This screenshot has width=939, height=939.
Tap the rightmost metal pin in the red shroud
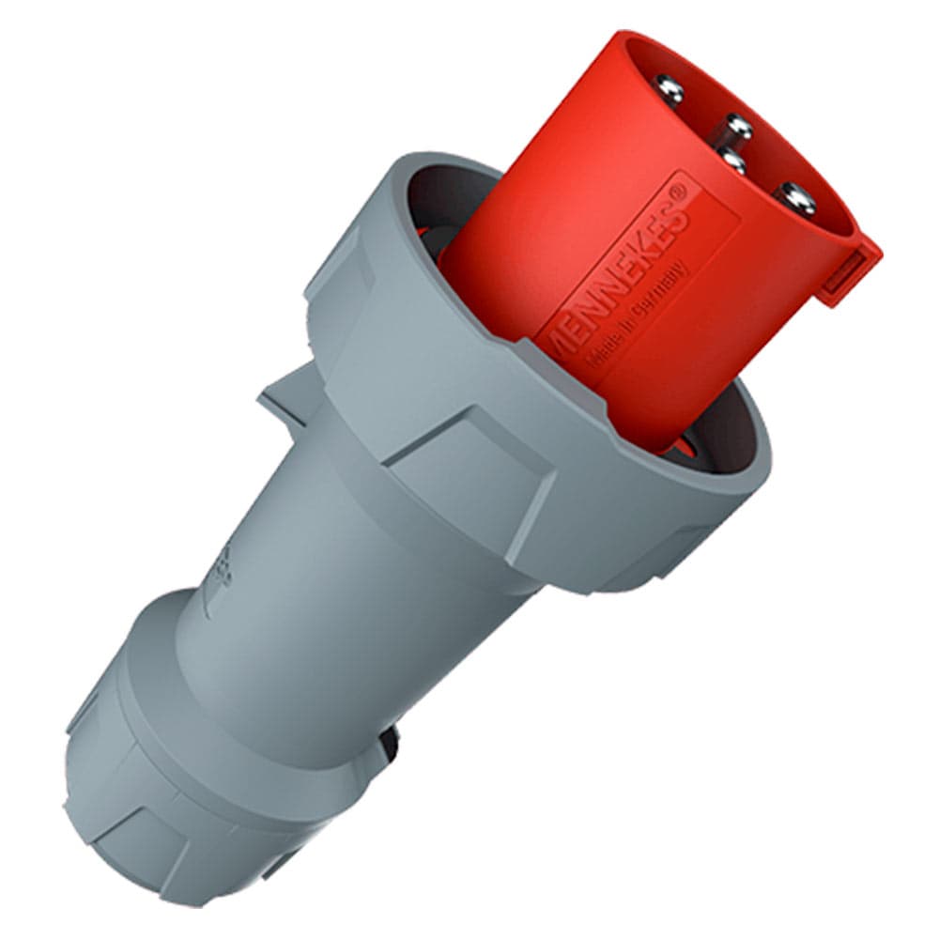(794, 196)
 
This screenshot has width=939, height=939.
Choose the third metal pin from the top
(731, 162)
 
